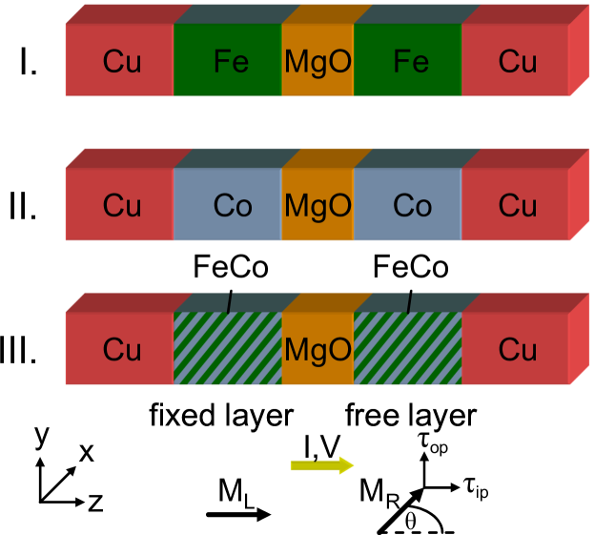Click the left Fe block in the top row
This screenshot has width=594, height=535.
(x=228, y=62)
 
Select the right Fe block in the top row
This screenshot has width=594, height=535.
(x=408, y=62)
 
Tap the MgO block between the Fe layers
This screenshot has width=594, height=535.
(x=317, y=62)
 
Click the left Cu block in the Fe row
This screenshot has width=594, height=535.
(x=120, y=62)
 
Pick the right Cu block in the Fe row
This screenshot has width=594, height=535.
(x=516, y=62)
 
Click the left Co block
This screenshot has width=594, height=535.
(x=228, y=206)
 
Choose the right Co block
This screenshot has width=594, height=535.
(x=408, y=206)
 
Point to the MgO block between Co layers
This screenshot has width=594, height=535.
(x=317, y=206)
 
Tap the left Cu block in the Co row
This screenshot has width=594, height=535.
(x=120, y=206)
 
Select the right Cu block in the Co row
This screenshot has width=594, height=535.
(x=516, y=206)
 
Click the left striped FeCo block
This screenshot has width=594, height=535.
(x=228, y=350)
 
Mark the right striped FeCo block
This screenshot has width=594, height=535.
(x=408, y=350)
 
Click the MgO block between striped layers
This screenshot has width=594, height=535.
(x=317, y=350)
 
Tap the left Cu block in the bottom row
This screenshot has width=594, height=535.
(x=120, y=350)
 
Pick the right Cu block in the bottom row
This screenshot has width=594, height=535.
(x=516, y=350)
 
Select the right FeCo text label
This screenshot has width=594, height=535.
(x=411, y=268)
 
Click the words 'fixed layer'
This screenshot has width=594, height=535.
(x=220, y=416)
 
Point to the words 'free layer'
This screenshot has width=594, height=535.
(x=410, y=416)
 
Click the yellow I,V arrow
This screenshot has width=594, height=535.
(x=322, y=465)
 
